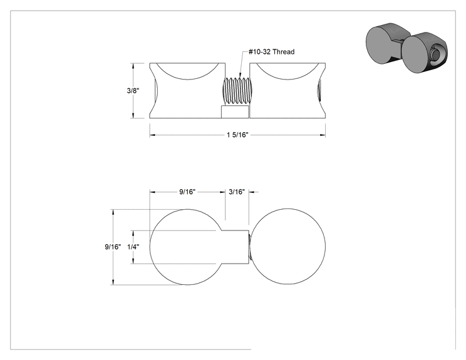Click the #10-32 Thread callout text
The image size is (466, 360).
[272, 52]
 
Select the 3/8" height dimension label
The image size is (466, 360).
[133, 91]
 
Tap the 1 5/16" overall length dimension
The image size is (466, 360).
[237, 135]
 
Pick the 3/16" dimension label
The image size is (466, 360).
[237, 192]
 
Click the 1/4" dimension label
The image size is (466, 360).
[133, 247]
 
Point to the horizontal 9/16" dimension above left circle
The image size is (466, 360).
[187, 192]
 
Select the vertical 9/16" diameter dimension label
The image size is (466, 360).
[113, 247]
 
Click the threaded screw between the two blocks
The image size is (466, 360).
[237, 91]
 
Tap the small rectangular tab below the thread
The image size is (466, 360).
[235, 112]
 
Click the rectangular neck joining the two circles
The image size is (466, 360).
[235, 247]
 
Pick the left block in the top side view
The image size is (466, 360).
[187, 91]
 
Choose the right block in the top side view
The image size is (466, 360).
[287, 91]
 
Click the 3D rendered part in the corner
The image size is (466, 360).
[406, 48]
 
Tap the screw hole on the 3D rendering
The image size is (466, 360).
[436, 54]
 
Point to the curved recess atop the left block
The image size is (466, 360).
[187, 79]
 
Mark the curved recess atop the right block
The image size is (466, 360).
[287, 79]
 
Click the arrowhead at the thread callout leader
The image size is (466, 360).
[240, 77]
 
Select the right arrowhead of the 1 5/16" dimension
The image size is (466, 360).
[323, 135]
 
